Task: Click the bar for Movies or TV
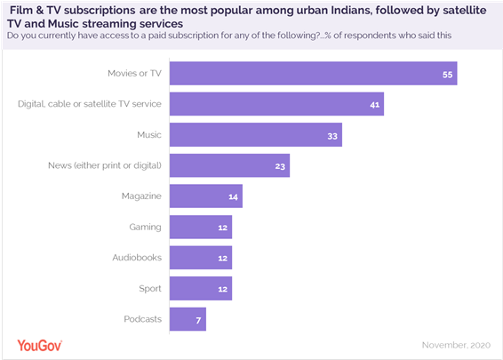[x=312, y=74]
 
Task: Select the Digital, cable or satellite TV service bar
[x=275, y=104]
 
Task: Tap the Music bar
[x=255, y=135]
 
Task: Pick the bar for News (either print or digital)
[x=228, y=165]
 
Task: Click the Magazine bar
[x=204, y=196]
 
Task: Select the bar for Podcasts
[x=187, y=318]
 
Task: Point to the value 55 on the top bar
[x=448, y=74]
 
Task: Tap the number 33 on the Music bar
[x=332, y=135]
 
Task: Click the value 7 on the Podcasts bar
[x=199, y=318]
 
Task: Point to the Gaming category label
[x=145, y=227]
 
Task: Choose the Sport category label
[x=148, y=288]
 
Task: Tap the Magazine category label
[x=141, y=196]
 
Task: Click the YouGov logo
[x=40, y=344]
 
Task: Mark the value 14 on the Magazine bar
[x=234, y=196]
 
